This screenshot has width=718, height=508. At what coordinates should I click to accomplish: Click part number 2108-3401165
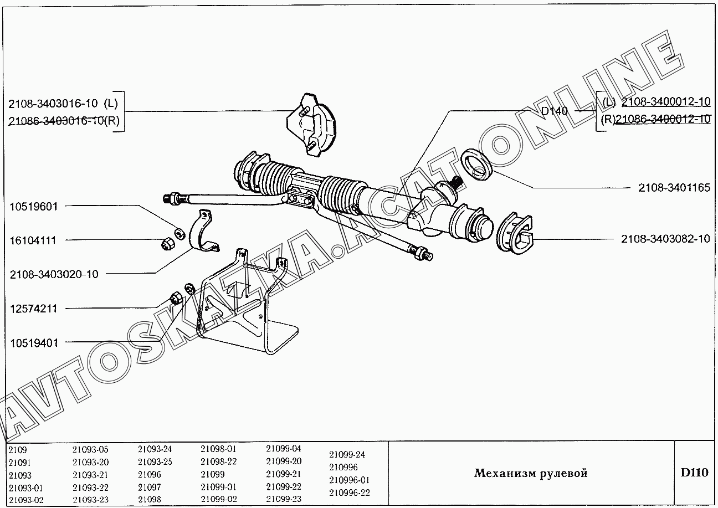(x=674, y=188)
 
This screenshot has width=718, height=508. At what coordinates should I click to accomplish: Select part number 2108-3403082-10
(x=665, y=239)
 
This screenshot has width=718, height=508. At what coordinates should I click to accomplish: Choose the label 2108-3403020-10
(x=54, y=274)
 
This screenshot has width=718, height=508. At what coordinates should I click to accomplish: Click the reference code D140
(x=555, y=111)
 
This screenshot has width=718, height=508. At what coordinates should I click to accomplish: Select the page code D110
(x=694, y=473)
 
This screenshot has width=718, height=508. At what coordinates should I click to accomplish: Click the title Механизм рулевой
(x=530, y=473)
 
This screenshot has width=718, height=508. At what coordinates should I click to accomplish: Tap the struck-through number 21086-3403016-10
(x=56, y=121)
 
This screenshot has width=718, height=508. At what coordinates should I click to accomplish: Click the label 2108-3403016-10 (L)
(x=64, y=104)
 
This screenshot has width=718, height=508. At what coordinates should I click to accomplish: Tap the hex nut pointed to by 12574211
(x=175, y=299)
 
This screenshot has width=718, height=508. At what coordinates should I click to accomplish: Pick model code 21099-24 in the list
(x=347, y=454)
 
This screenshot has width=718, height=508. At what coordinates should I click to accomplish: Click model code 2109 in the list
(x=18, y=450)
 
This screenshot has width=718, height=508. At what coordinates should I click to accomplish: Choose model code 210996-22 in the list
(x=349, y=492)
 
